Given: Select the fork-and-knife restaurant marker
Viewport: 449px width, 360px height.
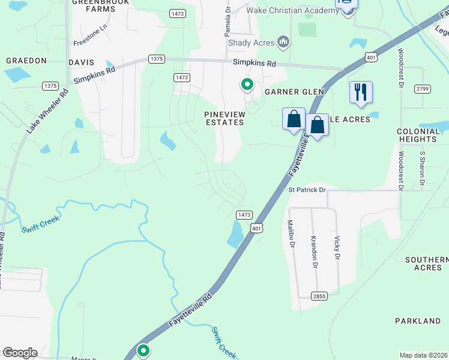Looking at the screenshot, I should point(361,92).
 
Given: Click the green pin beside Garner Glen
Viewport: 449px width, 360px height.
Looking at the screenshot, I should point(247,85).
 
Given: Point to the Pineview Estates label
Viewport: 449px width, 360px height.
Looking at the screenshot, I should point(224,118).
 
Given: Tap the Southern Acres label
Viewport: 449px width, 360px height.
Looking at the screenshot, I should point(426,263).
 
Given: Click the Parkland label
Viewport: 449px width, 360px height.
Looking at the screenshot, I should point(418,321).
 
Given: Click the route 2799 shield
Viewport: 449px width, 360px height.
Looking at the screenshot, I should point(423,89).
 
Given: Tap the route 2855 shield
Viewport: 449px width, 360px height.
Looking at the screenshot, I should point(319,296).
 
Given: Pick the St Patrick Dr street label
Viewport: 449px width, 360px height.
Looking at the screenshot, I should point(307,190).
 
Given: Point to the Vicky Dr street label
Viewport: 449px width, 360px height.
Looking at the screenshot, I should point(337,247).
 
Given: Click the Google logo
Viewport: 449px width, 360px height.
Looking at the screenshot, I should point(20,353).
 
